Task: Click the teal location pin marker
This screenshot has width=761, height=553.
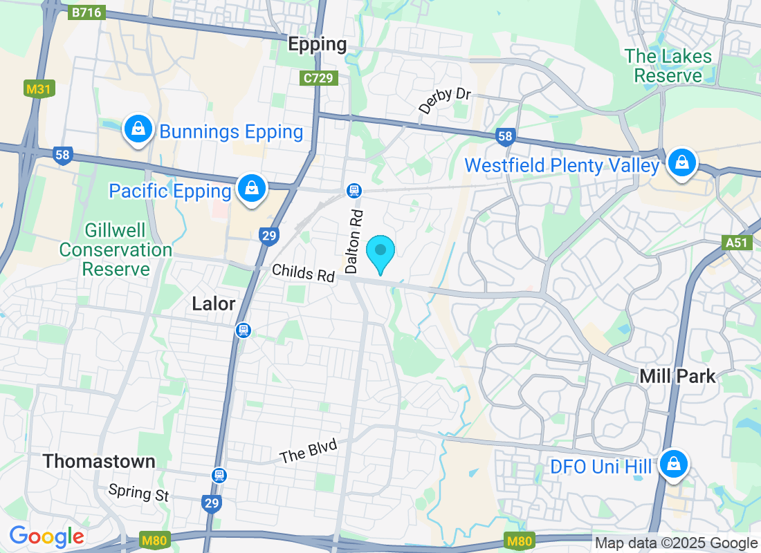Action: click(x=380, y=253)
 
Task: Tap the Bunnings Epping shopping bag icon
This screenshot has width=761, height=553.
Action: click(x=138, y=129)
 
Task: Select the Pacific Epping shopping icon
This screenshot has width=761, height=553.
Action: click(x=252, y=188)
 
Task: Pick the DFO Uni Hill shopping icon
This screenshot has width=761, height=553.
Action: click(x=672, y=465)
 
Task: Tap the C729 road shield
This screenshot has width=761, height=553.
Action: click(x=319, y=78)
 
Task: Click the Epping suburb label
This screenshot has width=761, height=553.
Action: click(x=317, y=45)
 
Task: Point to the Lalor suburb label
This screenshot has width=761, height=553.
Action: click(x=214, y=304)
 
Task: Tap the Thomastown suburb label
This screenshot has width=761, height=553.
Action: click(x=99, y=461)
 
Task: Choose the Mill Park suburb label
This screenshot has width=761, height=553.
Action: click(x=677, y=376)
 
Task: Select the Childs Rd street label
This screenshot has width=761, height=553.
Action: click(x=303, y=272)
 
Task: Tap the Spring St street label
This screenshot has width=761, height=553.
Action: click(x=139, y=493)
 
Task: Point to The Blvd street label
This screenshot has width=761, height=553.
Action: click(x=308, y=452)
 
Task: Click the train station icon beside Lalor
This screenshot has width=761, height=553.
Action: click(x=243, y=330)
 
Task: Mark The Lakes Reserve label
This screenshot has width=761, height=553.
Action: click(x=668, y=66)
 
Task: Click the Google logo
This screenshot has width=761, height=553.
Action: click(x=46, y=536)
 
